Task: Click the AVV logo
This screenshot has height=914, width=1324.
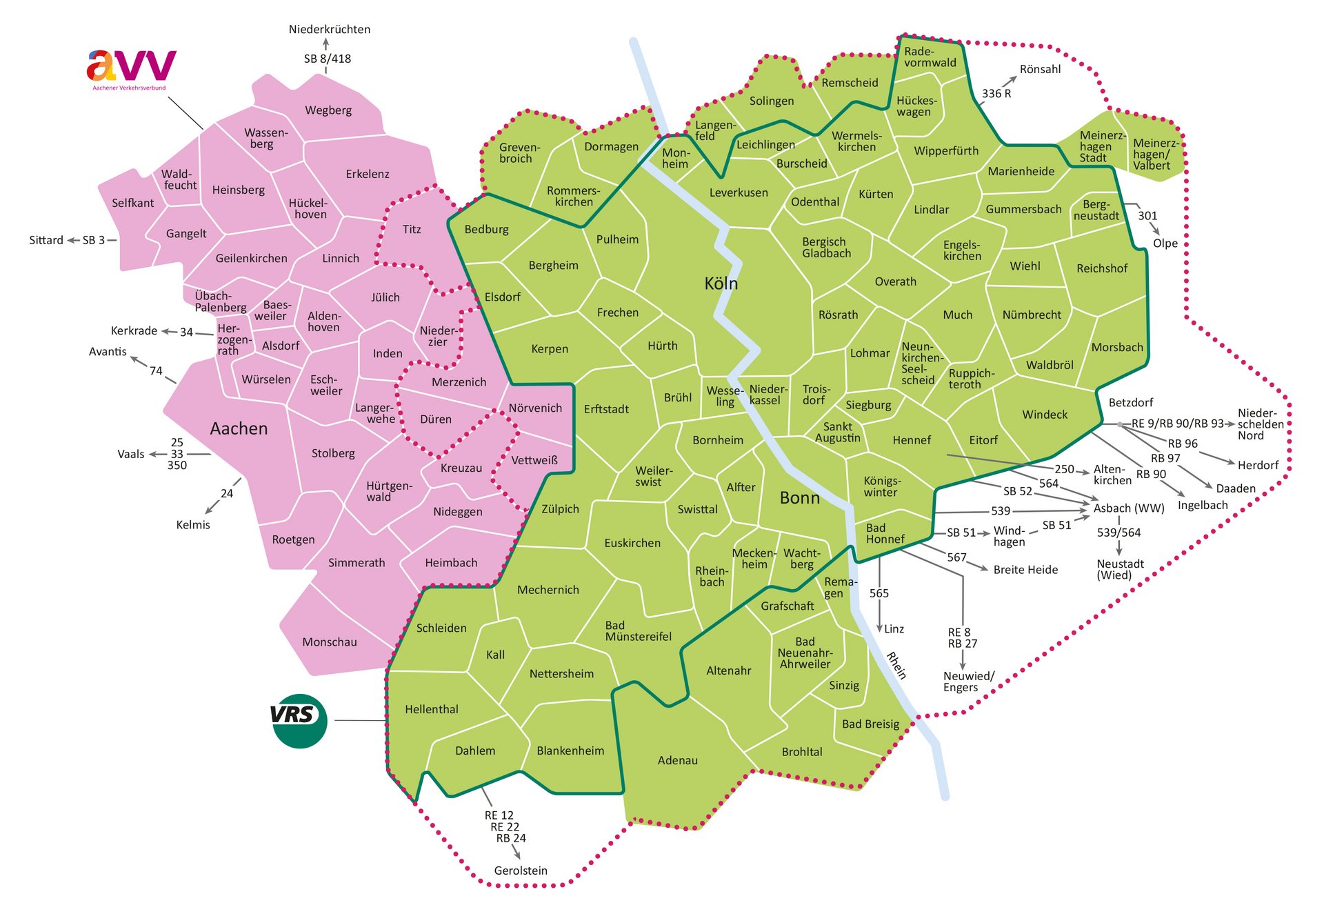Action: (131, 68)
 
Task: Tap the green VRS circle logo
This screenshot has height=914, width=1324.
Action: (299, 720)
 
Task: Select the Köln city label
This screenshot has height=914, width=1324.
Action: (721, 284)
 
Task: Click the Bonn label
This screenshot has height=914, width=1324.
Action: (799, 498)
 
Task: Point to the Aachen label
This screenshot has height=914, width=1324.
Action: (239, 428)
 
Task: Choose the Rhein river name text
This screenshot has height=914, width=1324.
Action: (896, 666)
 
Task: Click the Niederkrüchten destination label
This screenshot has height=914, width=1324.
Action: (329, 29)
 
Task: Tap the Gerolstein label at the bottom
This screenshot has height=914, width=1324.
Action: (521, 871)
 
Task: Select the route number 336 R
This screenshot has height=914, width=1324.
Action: (996, 93)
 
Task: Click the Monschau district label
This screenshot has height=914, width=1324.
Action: (330, 642)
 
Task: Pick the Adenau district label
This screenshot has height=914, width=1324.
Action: (677, 760)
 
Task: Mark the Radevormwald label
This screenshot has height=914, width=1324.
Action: (930, 57)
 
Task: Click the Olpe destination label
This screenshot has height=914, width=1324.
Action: (1165, 243)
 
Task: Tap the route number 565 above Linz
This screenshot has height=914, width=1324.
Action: (879, 593)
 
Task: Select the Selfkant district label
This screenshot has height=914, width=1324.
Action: (132, 203)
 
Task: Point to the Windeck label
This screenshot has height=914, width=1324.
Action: (1044, 415)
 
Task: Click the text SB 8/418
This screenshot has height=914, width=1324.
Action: (328, 59)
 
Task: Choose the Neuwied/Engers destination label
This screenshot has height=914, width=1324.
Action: (968, 682)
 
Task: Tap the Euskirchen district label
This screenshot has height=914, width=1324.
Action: (632, 543)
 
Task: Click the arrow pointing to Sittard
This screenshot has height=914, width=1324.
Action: (73, 240)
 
